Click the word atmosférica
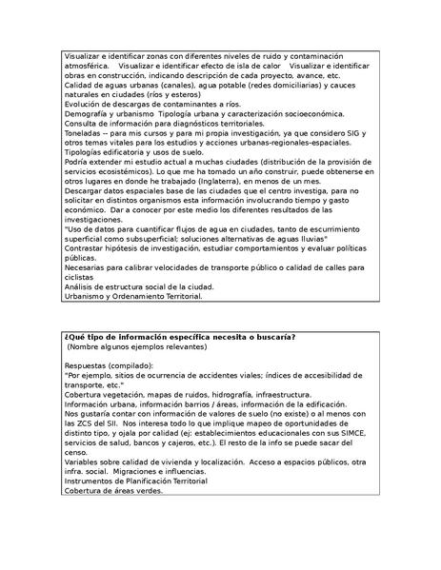88,67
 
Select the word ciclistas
81,277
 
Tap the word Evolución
85,105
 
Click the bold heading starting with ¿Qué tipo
179,337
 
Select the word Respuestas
88,365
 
